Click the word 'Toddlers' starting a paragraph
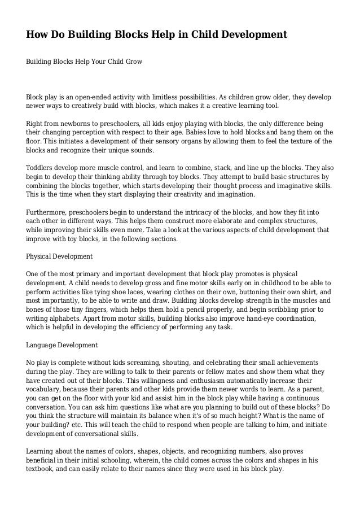pos(40,168)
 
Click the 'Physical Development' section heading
pos(59,256)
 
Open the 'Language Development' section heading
pos(62,345)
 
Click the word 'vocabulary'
pos(45,389)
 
